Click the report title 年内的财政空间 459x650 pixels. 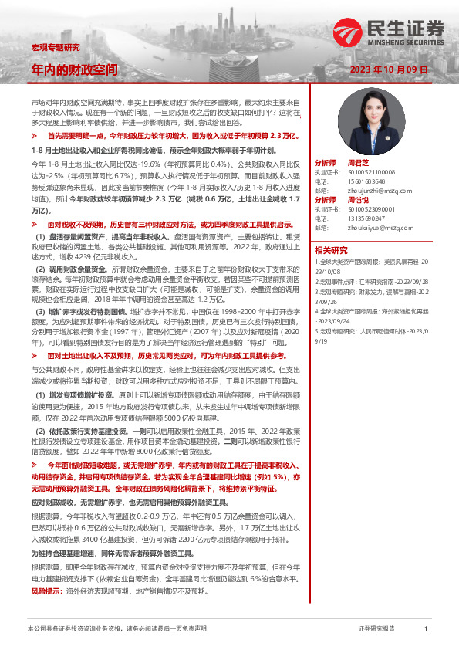pos(73,69)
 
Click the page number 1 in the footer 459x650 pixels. pos(426,629)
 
